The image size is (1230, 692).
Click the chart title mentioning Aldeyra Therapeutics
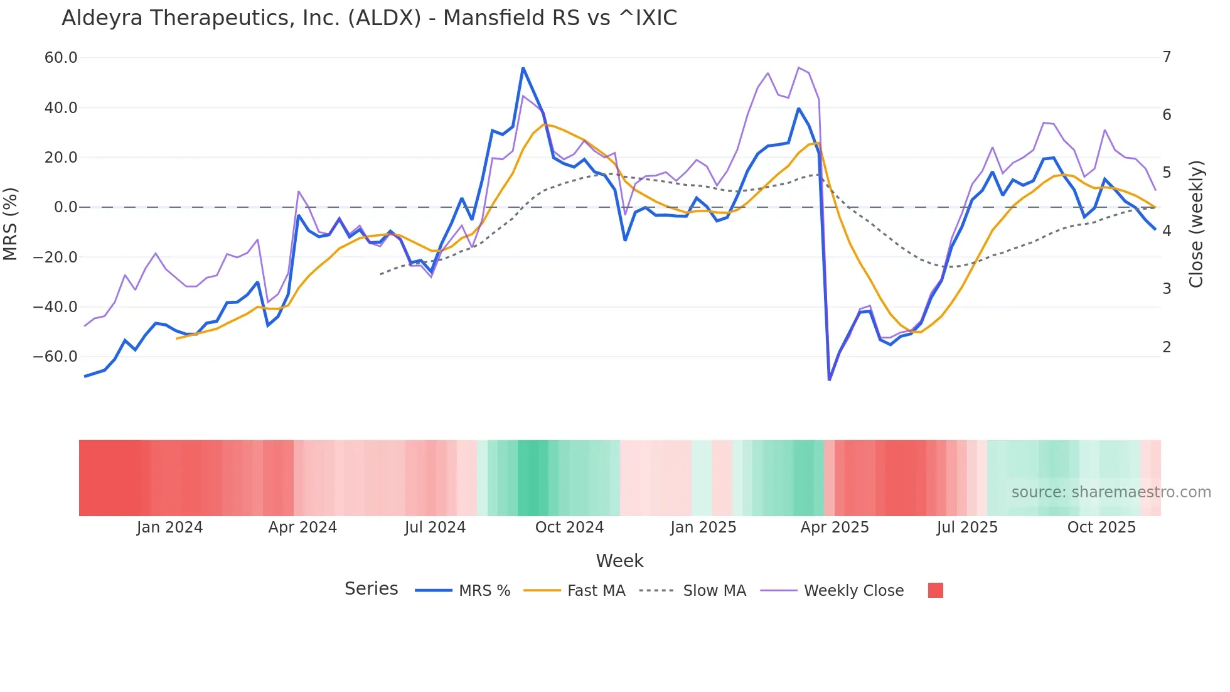(369, 18)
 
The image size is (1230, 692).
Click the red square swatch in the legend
(935, 590)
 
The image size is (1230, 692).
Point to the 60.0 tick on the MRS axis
(61, 58)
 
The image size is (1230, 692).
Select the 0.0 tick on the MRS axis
(66, 207)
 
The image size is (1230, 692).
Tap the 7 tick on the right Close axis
(1167, 57)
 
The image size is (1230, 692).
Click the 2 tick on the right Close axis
(1167, 347)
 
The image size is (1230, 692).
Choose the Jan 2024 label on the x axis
(169, 527)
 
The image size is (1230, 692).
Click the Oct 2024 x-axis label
(569, 527)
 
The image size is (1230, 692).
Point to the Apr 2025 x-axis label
(835, 527)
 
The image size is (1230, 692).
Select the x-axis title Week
(619, 561)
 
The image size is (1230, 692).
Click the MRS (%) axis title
(11, 224)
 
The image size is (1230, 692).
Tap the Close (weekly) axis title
(1196, 224)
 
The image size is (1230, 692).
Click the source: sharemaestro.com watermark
(1111, 492)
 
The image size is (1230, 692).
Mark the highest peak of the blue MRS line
(523, 68)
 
